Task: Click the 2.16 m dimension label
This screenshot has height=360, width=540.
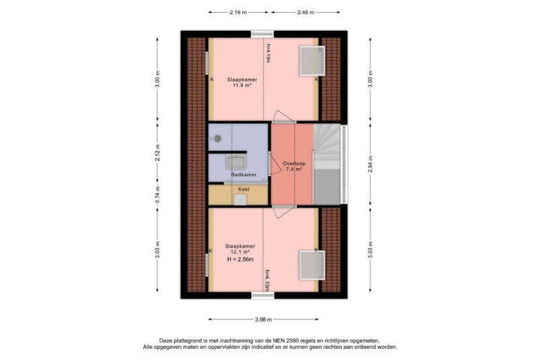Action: click(x=238, y=13)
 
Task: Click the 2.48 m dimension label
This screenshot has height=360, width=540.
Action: click(x=305, y=13)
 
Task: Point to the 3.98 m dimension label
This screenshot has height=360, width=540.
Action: click(x=263, y=319)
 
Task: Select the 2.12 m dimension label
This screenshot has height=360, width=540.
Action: click(x=157, y=153)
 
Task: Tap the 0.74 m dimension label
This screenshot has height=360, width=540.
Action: click(x=157, y=195)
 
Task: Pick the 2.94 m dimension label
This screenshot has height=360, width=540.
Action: click(x=370, y=164)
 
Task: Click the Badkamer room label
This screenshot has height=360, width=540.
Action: click(x=244, y=175)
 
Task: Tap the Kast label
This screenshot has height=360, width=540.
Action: click(x=244, y=189)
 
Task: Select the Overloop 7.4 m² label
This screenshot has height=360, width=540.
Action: click(x=294, y=166)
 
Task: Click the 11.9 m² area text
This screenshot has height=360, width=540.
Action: click(x=241, y=85)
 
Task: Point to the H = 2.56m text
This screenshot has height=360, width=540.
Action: click(x=241, y=259)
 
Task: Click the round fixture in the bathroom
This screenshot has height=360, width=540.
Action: click(x=217, y=139)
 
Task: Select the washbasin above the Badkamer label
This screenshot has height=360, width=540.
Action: click(x=235, y=162)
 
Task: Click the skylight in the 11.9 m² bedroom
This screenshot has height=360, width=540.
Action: click(x=312, y=61)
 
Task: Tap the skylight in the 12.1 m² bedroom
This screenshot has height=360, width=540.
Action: click(x=312, y=265)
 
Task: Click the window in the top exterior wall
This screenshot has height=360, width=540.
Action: click(x=262, y=34)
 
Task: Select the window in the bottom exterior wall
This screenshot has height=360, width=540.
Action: click(x=262, y=295)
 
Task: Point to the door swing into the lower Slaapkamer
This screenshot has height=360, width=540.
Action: click(x=283, y=212)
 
